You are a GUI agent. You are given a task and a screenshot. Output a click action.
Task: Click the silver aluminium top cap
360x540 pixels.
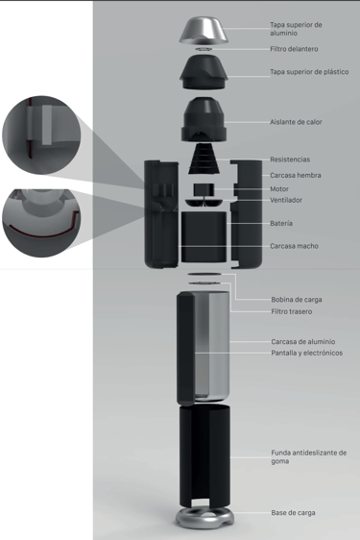pos(204,31)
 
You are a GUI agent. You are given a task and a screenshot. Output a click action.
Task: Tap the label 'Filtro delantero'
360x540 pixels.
pos(294,49)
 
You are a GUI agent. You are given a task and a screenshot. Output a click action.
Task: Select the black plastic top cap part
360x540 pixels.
pos(204,73)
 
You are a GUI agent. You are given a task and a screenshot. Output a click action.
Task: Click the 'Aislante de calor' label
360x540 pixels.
pos(296,122)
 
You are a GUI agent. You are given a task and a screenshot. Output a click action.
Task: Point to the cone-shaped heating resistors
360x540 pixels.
pos(204,159)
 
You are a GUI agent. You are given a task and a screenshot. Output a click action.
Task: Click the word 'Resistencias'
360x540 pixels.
pos(290,160)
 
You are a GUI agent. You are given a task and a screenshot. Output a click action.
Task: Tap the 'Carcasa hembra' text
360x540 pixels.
pos(296,175)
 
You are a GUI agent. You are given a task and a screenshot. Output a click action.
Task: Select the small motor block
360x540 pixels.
pos(204,189)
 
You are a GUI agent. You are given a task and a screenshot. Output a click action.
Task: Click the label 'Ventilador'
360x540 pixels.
pos(286,200)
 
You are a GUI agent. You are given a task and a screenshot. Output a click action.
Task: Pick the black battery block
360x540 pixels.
pos(204,237)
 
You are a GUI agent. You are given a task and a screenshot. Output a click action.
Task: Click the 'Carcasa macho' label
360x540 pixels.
pos(294,246)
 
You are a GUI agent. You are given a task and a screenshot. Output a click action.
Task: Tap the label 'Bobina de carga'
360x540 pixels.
pos(297,300)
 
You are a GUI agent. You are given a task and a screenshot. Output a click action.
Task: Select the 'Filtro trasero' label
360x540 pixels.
pos(292,311)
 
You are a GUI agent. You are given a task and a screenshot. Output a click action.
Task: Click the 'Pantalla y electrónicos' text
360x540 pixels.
pos(306,353)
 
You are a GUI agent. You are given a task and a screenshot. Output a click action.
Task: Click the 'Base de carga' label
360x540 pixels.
pos(293,513)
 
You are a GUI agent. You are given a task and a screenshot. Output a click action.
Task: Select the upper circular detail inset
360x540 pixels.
pos(41,135)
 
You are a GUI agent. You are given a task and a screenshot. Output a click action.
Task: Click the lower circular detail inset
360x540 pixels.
pos(41,223)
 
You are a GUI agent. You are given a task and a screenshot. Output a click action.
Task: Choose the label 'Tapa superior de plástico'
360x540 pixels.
pos(309,72)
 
